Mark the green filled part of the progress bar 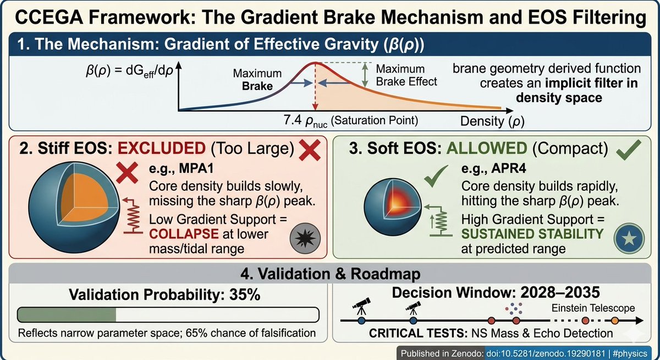[67, 314]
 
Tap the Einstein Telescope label [593, 308]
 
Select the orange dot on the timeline [614, 320]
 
